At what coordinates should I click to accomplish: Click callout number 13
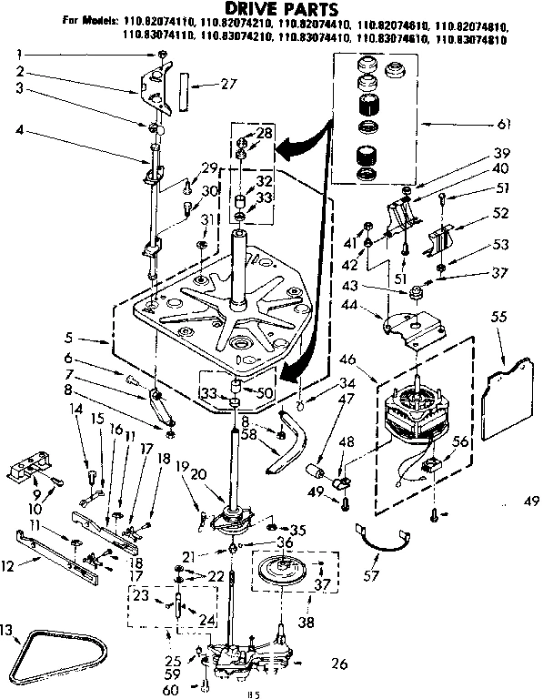pos(7,630)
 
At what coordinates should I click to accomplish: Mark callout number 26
pos(338,664)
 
